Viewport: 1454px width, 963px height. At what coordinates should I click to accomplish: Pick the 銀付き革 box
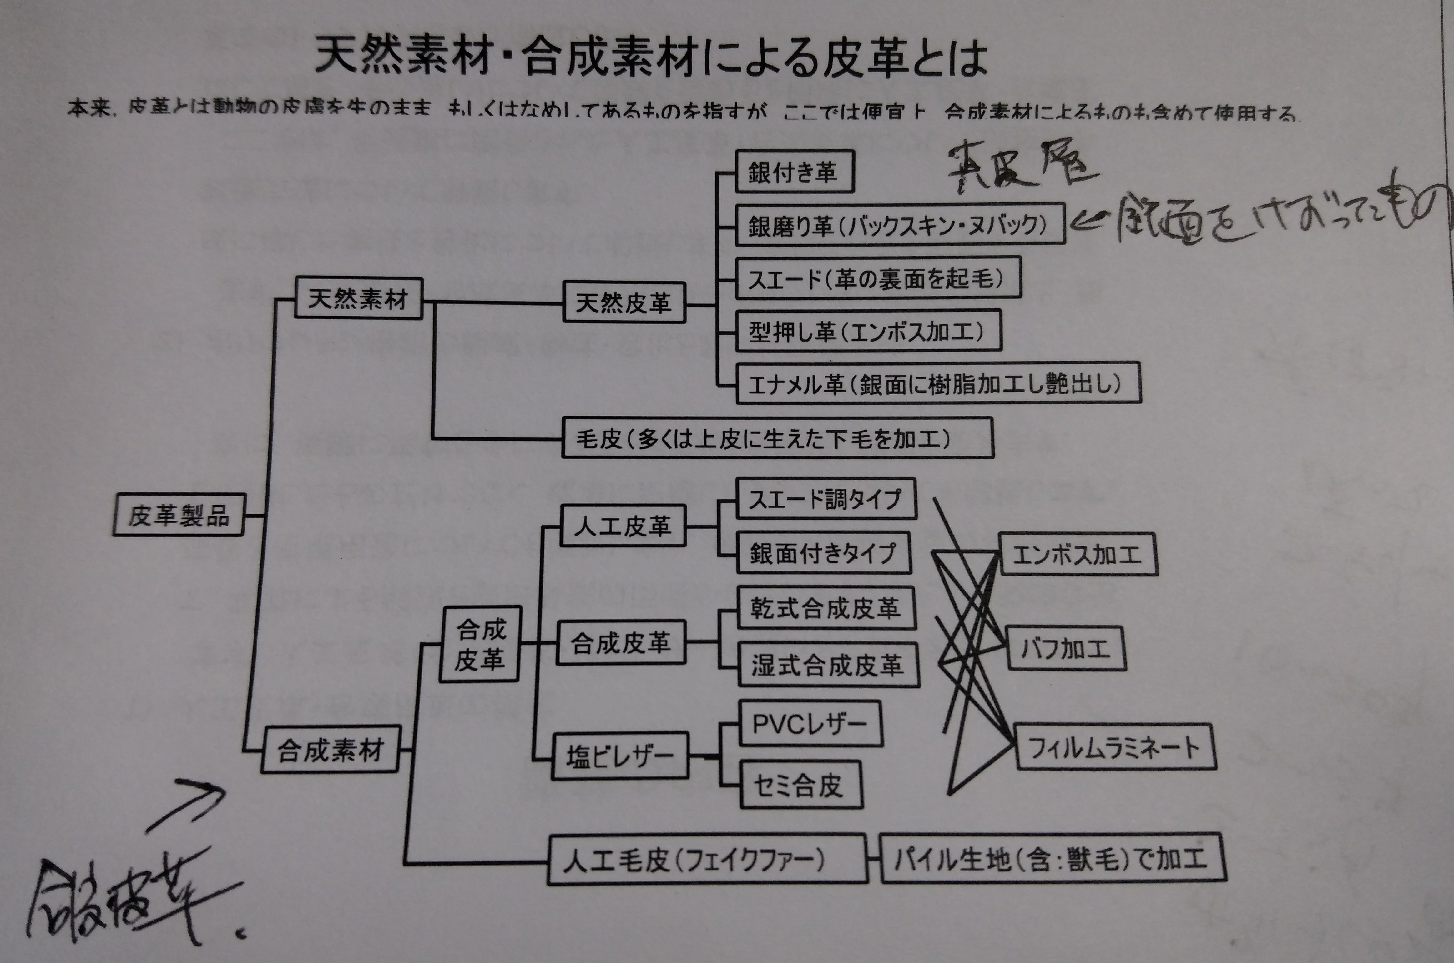794,172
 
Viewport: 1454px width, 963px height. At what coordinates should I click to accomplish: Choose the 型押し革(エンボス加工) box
868,332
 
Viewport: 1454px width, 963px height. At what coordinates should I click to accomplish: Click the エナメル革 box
937,384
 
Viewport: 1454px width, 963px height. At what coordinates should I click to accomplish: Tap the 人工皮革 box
623,526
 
